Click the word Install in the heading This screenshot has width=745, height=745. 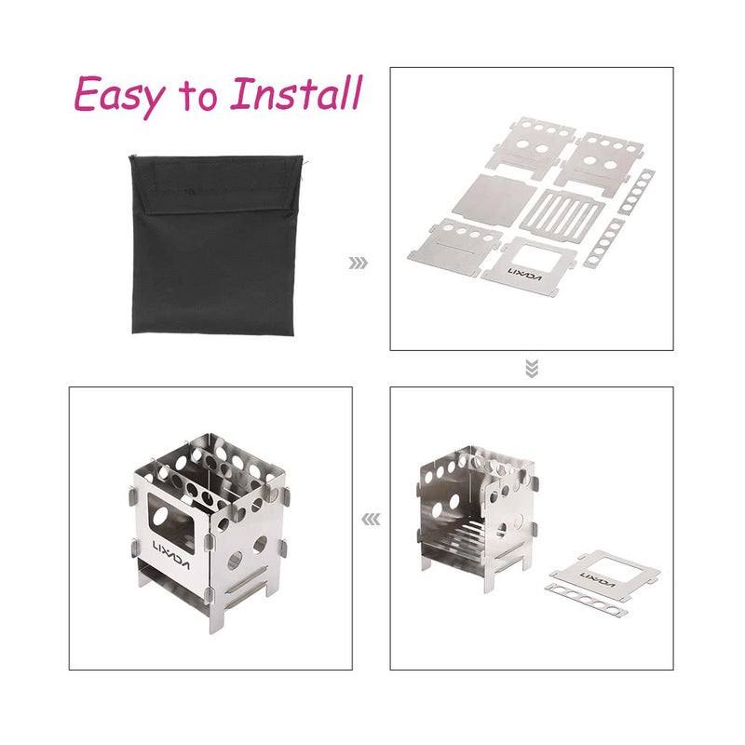(x=296, y=92)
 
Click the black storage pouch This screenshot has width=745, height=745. (x=216, y=244)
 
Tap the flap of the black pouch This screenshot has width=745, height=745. (x=216, y=185)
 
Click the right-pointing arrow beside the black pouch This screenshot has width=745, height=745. (x=358, y=263)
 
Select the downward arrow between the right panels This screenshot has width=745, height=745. (x=532, y=369)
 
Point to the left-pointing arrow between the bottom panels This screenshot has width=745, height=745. (x=371, y=520)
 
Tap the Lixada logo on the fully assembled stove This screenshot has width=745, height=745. (x=171, y=554)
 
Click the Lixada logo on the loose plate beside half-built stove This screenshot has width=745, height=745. (x=597, y=579)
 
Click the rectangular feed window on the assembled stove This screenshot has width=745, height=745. (x=171, y=521)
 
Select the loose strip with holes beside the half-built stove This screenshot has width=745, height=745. (x=587, y=600)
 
